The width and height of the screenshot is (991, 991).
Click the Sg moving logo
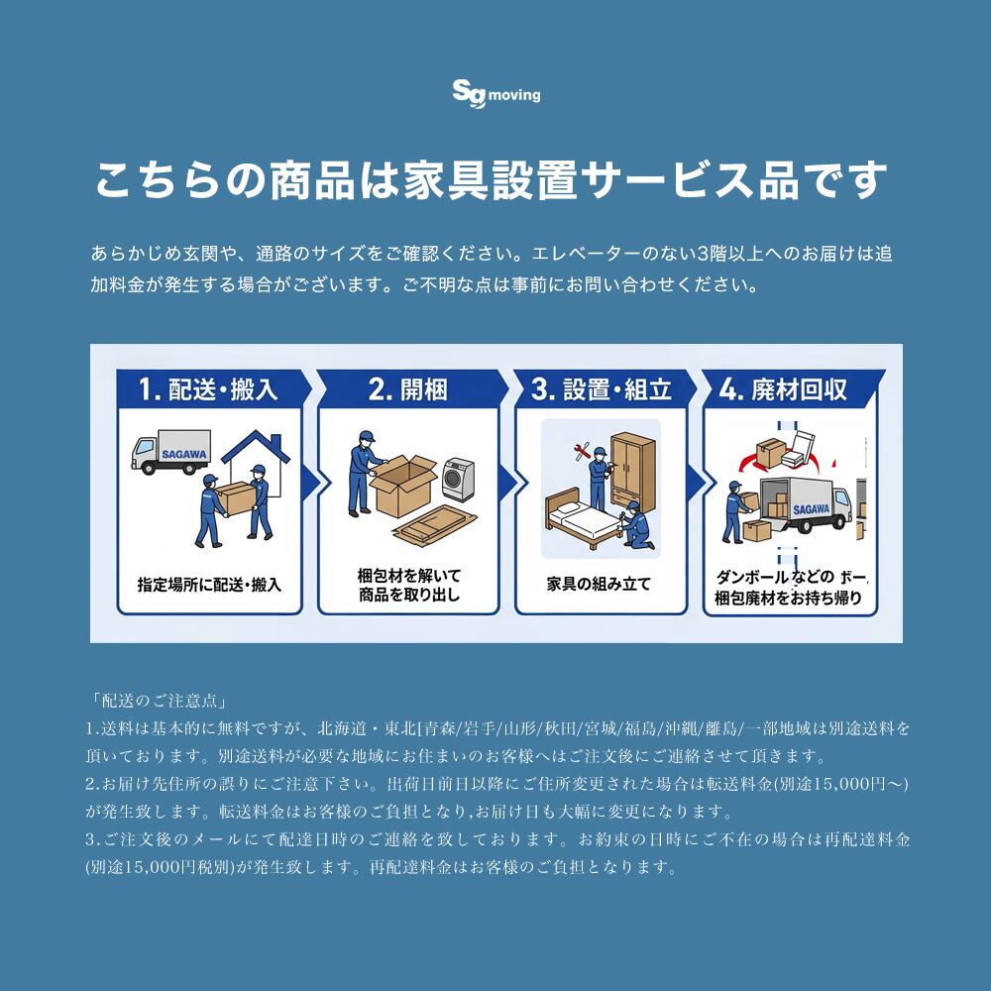(496, 94)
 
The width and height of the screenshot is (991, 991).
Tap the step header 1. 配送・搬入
(208, 389)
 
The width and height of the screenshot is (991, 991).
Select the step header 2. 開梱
(408, 389)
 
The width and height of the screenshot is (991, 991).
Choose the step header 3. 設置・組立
(602, 389)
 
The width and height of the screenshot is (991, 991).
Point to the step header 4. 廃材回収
(784, 389)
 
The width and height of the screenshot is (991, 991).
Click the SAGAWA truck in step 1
(170, 452)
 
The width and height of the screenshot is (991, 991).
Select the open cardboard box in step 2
(403, 485)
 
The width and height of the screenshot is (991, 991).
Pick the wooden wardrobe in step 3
(632, 472)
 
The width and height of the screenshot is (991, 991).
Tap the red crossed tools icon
(582, 451)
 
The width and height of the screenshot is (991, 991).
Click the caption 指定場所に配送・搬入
(209, 585)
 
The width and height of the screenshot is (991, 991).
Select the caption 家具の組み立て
(599, 584)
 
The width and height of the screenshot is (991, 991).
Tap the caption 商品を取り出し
(409, 595)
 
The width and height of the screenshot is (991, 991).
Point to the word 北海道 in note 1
(342, 728)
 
